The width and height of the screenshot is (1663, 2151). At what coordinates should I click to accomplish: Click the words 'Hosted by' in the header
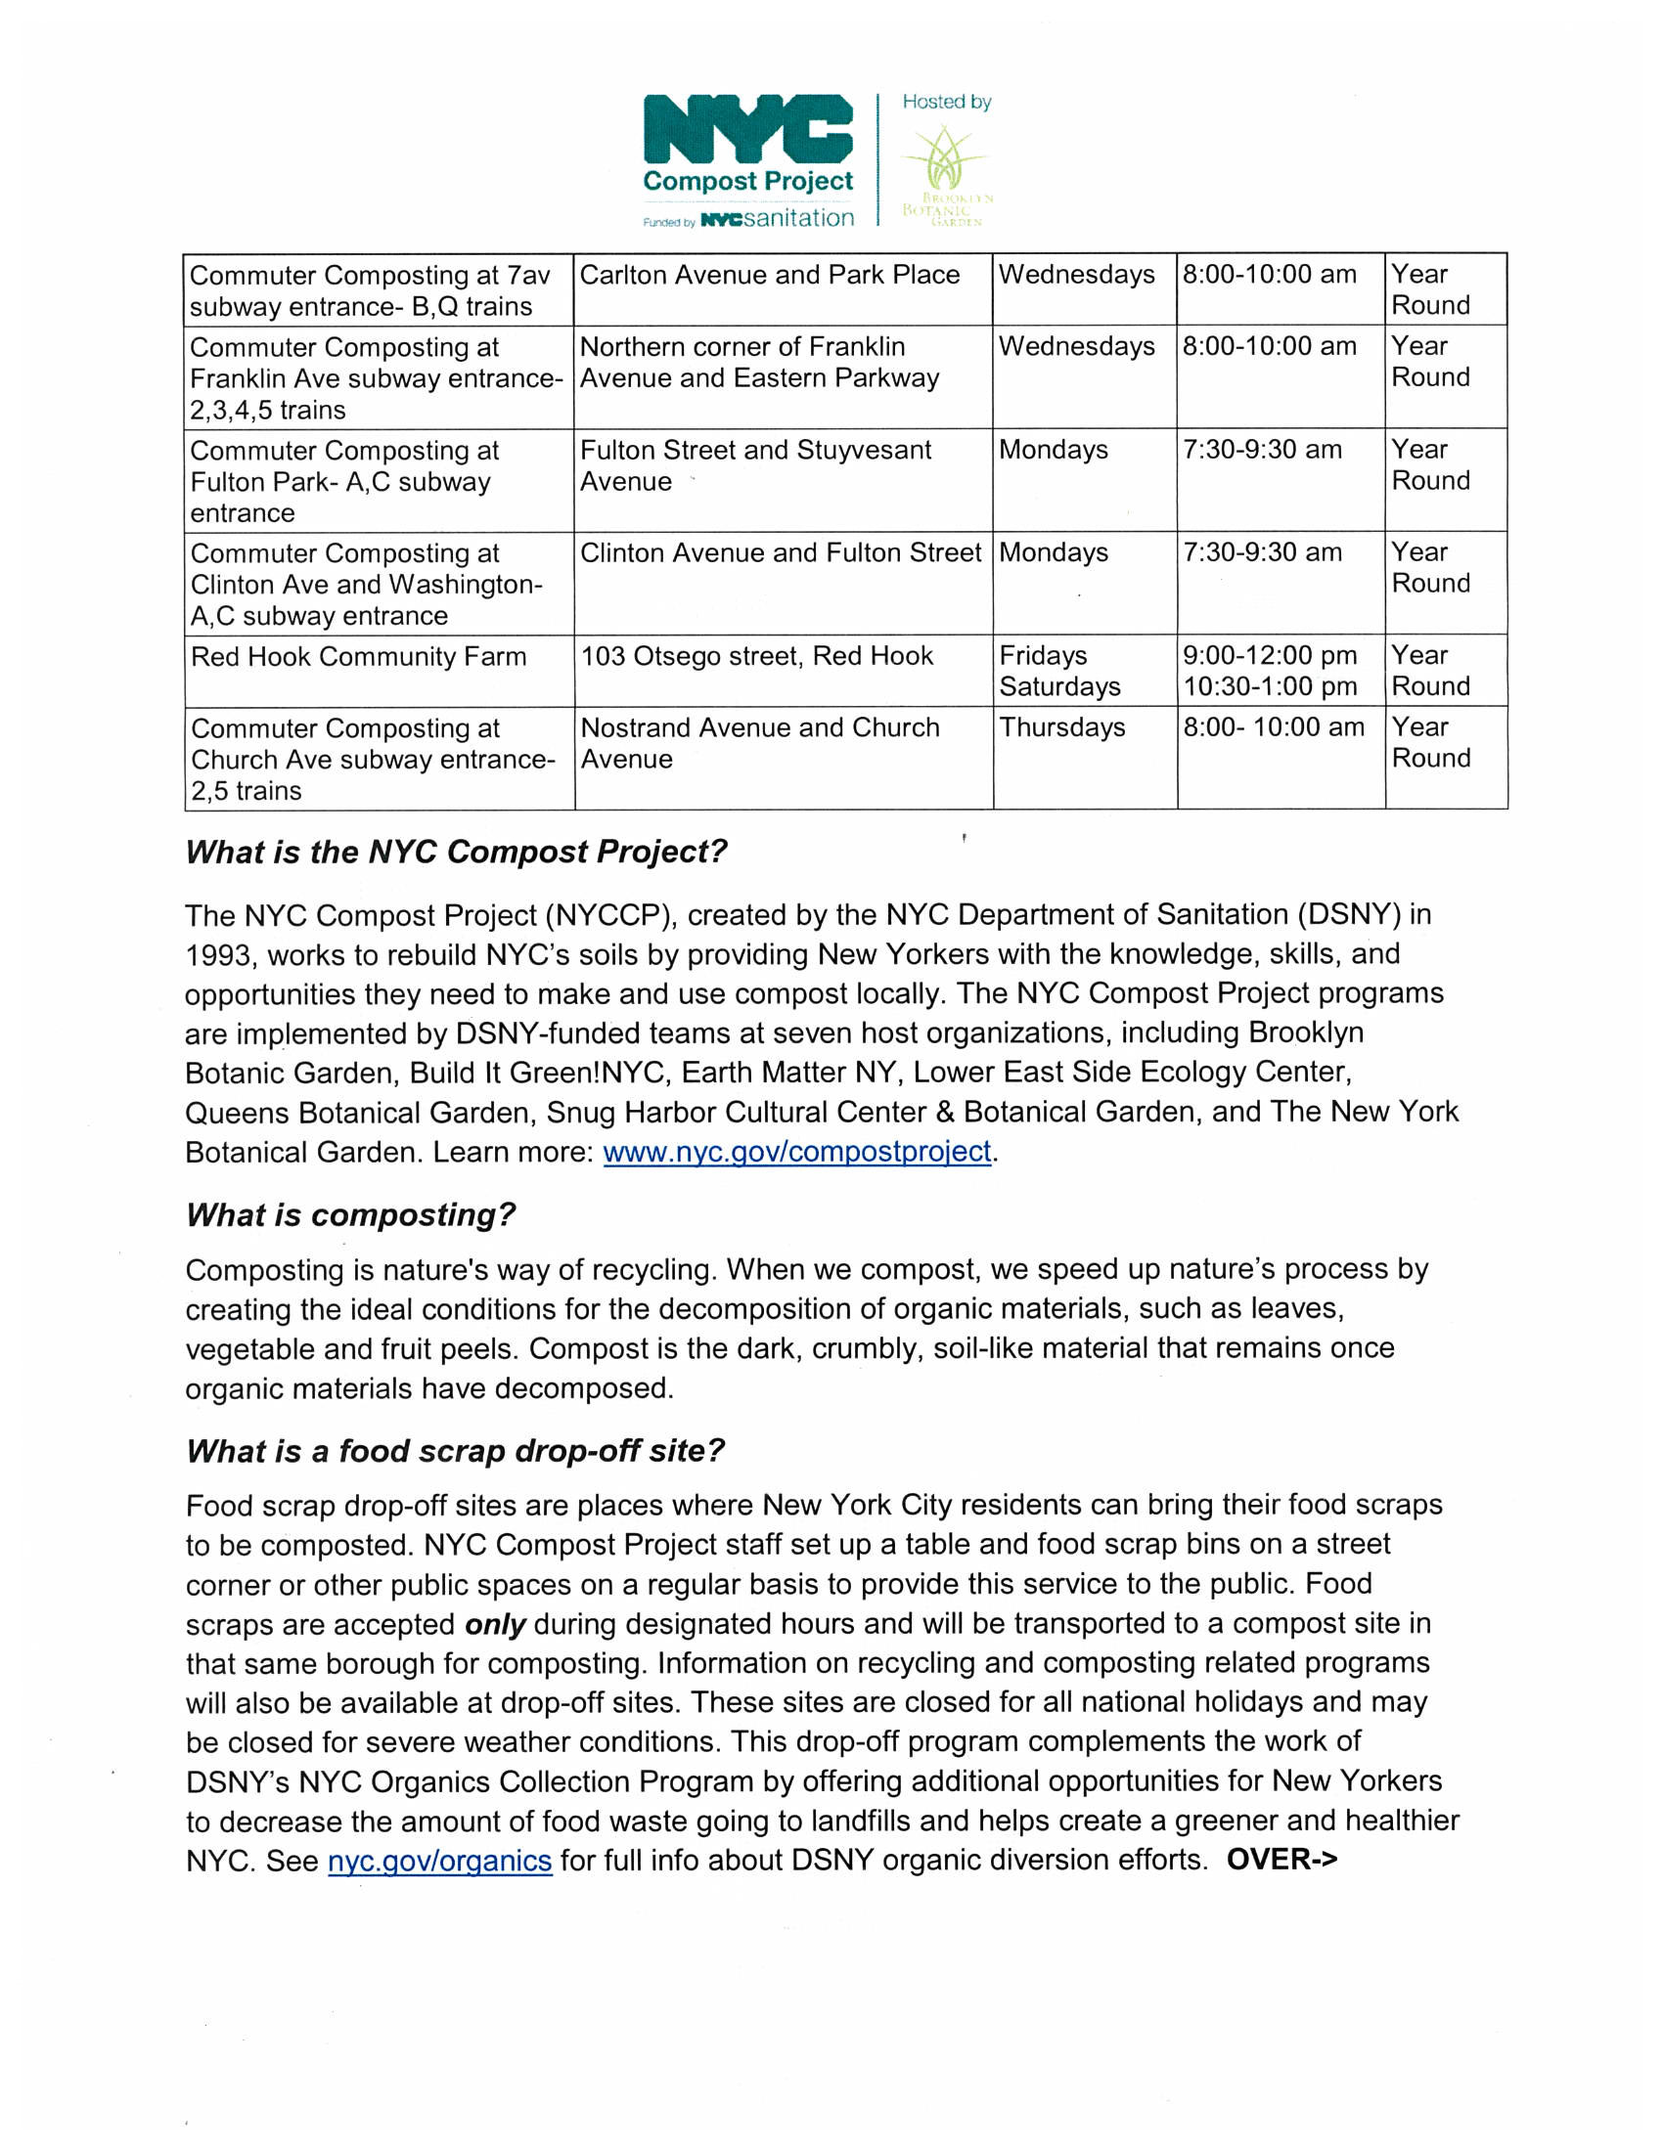[946, 102]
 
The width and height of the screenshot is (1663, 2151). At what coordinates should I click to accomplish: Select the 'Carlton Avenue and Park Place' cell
[770, 275]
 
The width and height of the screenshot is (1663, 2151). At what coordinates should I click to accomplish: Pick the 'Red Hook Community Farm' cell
[359, 657]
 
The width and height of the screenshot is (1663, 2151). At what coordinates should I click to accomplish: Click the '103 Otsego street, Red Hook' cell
[756, 656]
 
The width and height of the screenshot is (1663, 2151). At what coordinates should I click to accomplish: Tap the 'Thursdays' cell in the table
[1062, 727]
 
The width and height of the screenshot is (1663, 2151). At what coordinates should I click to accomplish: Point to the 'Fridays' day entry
[1043, 656]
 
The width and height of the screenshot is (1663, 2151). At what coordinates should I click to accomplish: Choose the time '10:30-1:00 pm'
[1270, 686]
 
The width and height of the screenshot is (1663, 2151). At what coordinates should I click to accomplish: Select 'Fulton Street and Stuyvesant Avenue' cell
[755, 465]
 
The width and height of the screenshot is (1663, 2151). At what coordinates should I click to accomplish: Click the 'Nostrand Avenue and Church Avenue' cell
[759, 744]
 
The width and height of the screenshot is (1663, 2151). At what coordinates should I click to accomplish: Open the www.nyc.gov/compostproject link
[796, 1152]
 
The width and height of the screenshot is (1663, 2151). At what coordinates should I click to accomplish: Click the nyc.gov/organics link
[439, 1861]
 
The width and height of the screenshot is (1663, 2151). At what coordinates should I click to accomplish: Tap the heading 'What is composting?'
[351, 1215]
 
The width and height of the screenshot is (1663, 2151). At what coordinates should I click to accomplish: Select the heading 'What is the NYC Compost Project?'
[456, 852]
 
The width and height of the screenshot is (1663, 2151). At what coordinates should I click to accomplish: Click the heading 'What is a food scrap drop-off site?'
[455, 1451]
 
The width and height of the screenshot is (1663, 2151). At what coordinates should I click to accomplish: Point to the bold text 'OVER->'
[1281, 1860]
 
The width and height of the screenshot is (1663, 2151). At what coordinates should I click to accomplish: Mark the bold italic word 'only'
[495, 1624]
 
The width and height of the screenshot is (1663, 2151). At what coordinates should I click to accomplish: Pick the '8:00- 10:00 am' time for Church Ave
[1273, 727]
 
